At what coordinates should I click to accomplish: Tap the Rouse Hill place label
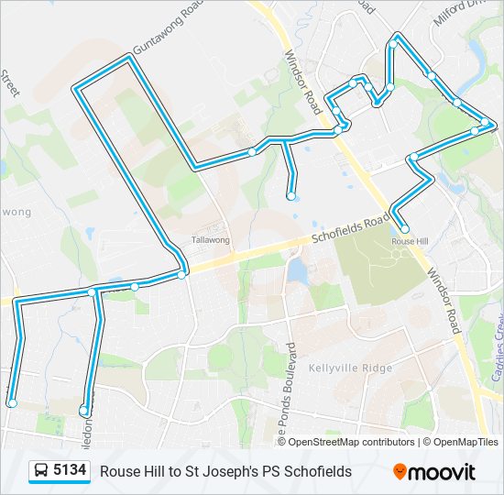[410, 241]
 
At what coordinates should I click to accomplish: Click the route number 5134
[71, 471]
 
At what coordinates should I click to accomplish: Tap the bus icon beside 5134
[41, 472]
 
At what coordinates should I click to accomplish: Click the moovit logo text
[442, 472]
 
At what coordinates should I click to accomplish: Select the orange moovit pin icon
[400, 472]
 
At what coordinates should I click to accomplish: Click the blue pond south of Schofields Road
[296, 270]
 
